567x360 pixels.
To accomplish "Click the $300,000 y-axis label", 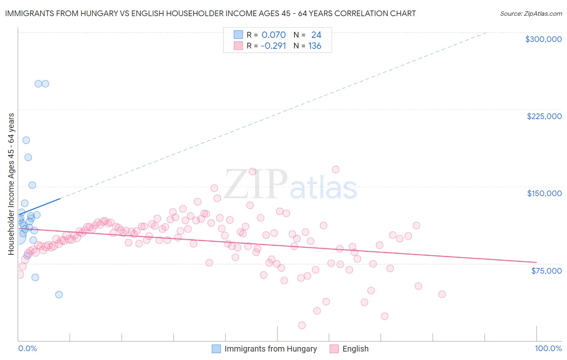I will (543, 39).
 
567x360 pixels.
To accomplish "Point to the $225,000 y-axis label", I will (544, 116).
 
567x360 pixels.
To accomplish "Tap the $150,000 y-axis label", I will (544, 193).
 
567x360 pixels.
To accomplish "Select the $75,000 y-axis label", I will (546, 271).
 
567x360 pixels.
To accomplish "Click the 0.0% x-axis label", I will (27, 348).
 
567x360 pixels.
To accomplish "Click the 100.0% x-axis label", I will (548, 348).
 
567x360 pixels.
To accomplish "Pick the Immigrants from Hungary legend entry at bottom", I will (270, 349).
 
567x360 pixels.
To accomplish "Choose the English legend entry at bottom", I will (355, 349).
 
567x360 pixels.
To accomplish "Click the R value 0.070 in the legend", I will (273, 35).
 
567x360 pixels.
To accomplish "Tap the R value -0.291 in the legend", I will (273, 46).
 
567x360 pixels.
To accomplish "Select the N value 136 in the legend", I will (315, 46).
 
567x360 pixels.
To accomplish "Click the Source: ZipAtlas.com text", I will (531, 13).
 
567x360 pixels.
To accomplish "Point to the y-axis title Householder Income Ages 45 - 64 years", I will (11, 184).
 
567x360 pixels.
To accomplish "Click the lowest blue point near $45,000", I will (59, 295).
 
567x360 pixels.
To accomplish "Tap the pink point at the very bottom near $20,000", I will (302, 325).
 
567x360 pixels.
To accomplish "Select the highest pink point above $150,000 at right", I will (336, 170).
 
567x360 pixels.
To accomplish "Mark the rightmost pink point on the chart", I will (442, 294).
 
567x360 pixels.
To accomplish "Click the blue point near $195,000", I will (26, 140).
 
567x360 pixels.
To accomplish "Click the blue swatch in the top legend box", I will (238, 35).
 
